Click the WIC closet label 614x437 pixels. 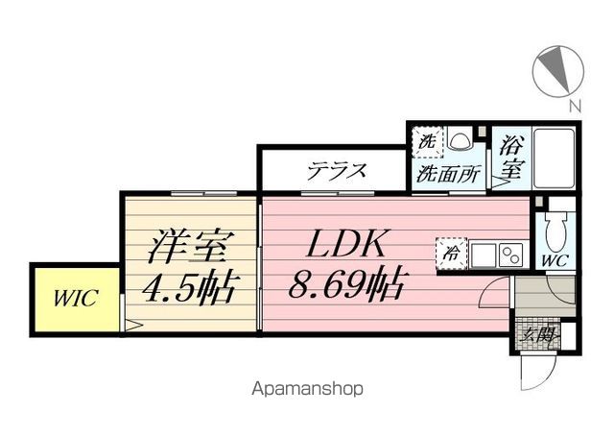tap(73, 299)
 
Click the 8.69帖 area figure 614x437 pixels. tap(347, 284)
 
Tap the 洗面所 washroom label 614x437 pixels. tap(448, 176)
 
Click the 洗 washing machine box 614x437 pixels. tap(426, 141)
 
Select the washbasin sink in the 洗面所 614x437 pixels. tap(460, 141)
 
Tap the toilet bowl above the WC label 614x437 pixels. tap(555, 231)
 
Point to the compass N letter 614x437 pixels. tap(573, 107)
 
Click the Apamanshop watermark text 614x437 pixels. tap(306, 390)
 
